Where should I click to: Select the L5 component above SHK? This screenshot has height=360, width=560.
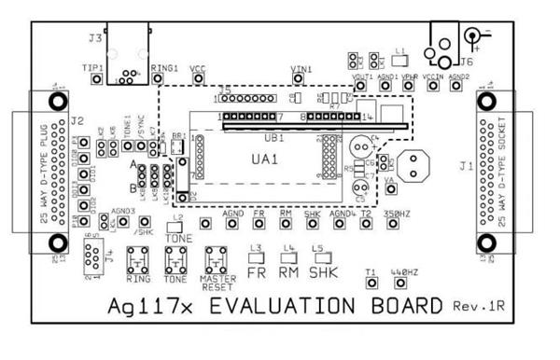(321, 258)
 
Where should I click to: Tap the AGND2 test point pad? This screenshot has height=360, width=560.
(455, 86)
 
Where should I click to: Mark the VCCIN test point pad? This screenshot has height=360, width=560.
(432, 86)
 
